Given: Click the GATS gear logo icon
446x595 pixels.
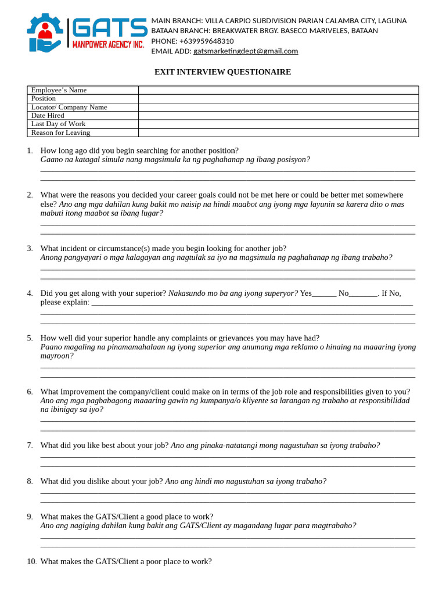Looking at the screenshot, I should coord(45,33).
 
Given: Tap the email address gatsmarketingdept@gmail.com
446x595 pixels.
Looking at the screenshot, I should coord(246,51).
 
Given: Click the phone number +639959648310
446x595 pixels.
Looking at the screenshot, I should coord(206,41).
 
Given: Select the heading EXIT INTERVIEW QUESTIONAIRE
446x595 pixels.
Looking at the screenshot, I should coord(222,72).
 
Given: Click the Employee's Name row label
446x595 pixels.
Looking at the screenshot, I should coord(59,90).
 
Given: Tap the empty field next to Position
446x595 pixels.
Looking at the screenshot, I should coord(278,99).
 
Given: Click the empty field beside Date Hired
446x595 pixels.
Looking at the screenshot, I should coord(278,116).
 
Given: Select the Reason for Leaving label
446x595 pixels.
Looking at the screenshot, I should coord(60,132).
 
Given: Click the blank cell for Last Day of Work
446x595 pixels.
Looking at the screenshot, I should coord(278,124).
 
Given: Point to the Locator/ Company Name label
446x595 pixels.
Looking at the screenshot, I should coord(69,107).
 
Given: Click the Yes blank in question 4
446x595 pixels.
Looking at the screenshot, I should coord(324,294).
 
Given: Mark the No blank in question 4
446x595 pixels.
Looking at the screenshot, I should coord(364,294).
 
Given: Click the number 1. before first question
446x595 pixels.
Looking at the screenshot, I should coord(30,150).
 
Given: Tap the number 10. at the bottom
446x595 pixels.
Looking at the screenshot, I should coord(31,561).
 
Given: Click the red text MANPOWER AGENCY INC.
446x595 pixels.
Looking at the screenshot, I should coord(108,45).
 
